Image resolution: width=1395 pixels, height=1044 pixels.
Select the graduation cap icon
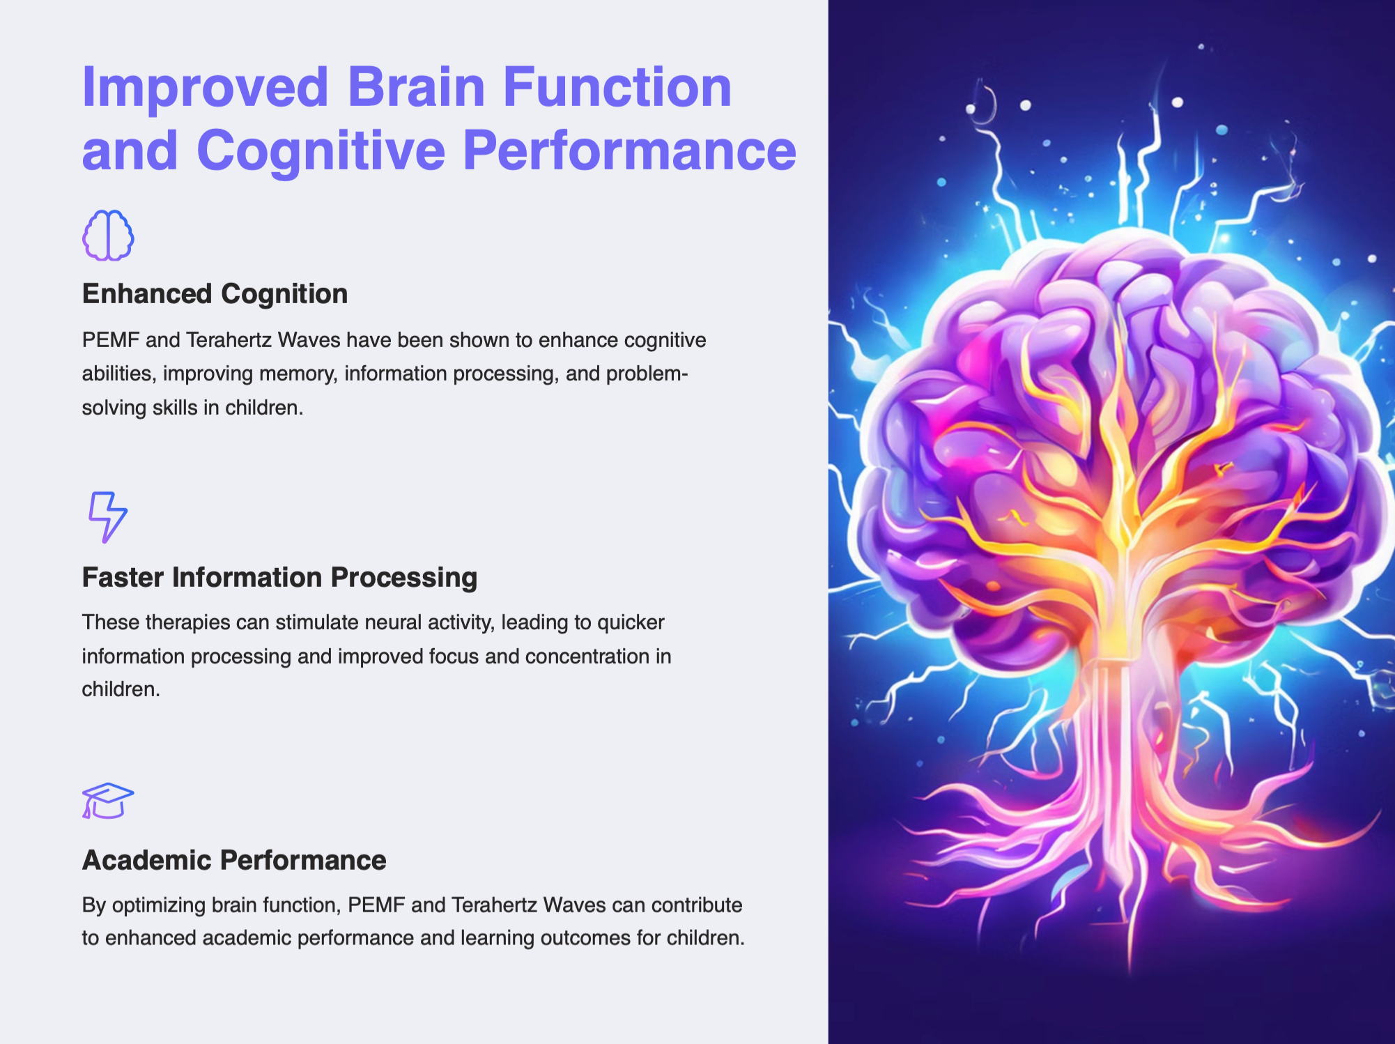tap(108, 801)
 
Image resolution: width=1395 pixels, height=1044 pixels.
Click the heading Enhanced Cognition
tap(215, 294)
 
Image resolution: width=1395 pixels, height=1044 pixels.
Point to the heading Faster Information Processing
tap(279, 578)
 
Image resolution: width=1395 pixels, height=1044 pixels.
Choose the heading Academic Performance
tap(234, 860)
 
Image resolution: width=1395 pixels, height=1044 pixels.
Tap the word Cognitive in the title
tap(321, 151)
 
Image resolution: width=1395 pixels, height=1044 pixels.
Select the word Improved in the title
tap(205, 89)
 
